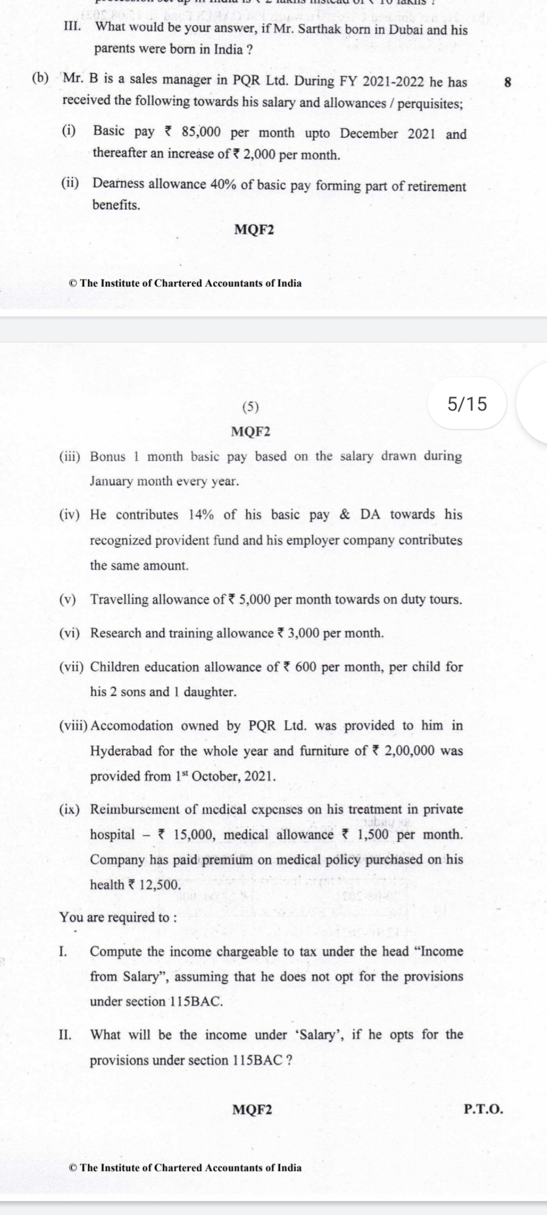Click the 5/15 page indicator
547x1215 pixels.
[467, 404]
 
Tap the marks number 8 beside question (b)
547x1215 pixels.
[508, 83]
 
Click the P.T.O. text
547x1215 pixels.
[484, 1109]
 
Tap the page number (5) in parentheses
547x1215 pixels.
[250, 407]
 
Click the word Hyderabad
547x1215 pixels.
[121, 751]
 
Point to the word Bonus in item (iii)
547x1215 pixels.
[107, 457]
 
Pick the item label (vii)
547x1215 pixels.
[71, 667]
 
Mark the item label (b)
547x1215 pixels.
[41, 79]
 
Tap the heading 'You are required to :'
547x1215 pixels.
[119, 917]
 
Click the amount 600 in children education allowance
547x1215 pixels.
[305, 667]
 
